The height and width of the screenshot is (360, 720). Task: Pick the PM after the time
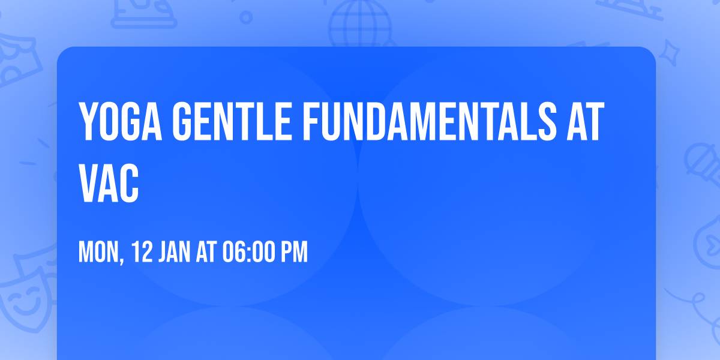pyautogui.click(x=294, y=253)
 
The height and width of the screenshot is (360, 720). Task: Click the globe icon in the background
pyautogui.click(x=359, y=24)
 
